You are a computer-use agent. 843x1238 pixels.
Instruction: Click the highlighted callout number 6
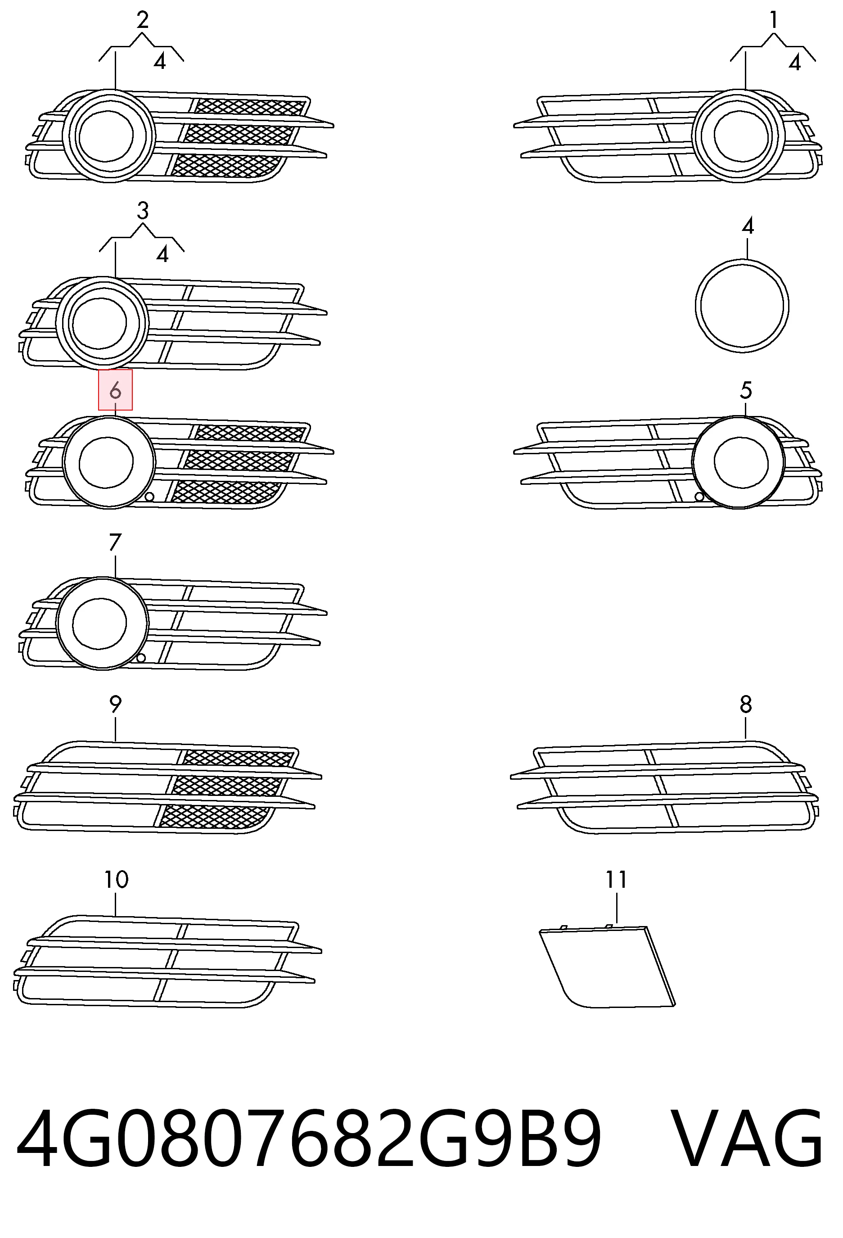[115, 392]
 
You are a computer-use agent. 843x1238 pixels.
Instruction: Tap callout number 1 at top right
[773, 20]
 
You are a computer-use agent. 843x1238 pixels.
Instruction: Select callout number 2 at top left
[142, 20]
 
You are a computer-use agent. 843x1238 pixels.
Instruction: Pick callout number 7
[115, 542]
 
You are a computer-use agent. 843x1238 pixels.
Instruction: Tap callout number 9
[115, 704]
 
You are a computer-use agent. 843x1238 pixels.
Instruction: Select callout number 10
[116, 880]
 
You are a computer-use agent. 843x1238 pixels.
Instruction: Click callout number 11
[616, 880]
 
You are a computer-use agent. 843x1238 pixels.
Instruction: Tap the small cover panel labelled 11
[607, 967]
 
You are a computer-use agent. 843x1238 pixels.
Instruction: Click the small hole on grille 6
[149, 497]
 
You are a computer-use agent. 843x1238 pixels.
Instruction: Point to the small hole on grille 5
[699, 497]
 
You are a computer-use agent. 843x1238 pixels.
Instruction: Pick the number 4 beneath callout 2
[160, 62]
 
